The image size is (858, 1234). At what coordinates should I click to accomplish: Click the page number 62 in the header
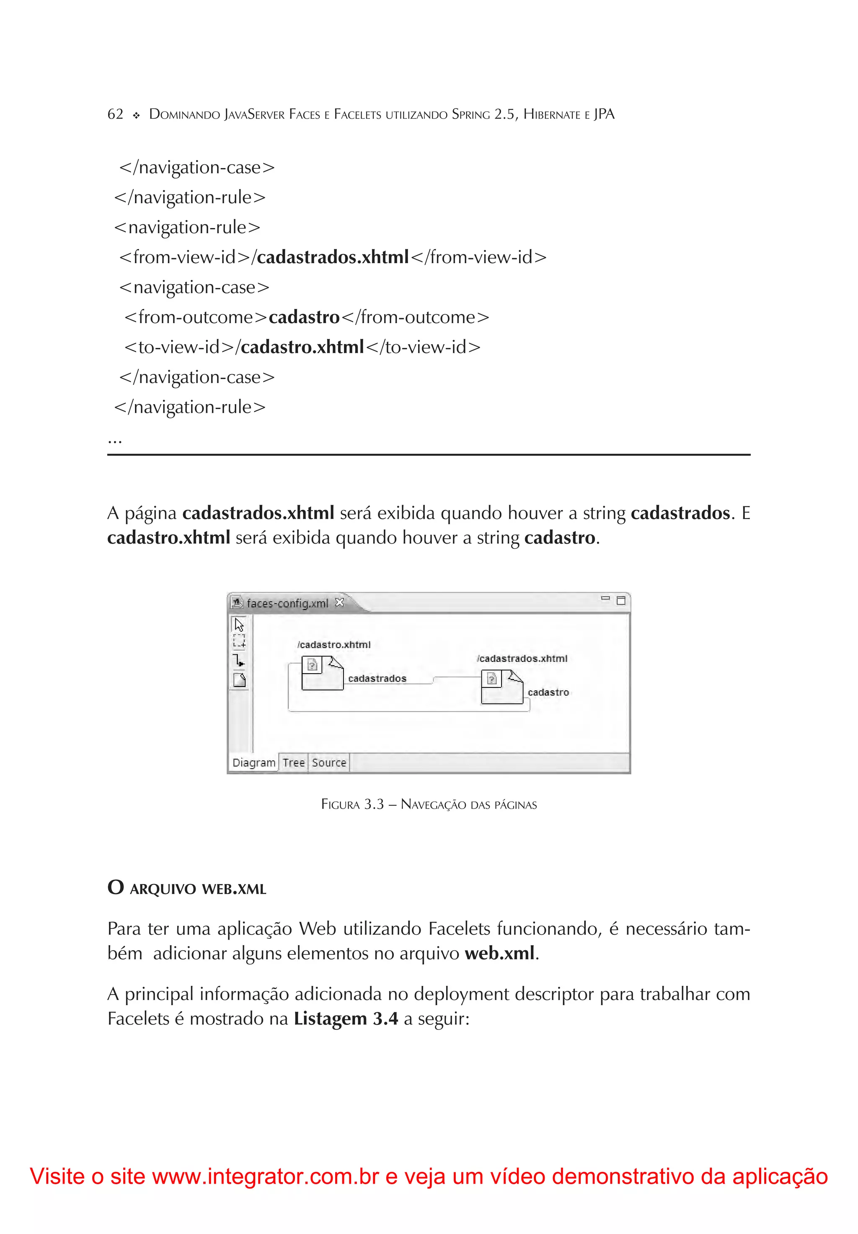[x=115, y=114]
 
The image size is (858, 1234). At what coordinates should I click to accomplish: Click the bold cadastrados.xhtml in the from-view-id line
[x=333, y=257]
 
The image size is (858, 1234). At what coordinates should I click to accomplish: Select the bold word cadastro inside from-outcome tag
[x=304, y=318]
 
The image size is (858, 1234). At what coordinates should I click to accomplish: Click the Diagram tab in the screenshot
[x=253, y=762]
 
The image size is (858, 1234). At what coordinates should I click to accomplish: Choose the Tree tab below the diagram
[x=293, y=762]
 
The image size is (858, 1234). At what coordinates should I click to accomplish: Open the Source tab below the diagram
[x=329, y=762]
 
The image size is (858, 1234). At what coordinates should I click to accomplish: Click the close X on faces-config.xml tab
[x=339, y=602]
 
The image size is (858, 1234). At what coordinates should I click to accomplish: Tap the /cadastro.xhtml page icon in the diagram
[x=322, y=673]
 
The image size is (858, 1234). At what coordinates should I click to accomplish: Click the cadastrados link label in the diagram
[x=377, y=679]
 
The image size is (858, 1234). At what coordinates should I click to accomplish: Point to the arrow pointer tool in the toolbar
[x=239, y=625]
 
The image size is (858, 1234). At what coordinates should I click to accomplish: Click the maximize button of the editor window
[x=621, y=600]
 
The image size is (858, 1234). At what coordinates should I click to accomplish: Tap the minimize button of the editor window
[x=605, y=599]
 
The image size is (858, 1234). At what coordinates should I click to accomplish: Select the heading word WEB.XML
[x=234, y=889]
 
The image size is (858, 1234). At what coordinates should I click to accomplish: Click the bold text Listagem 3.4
[x=346, y=1019]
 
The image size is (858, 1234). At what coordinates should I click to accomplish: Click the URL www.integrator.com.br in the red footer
[x=266, y=1177]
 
